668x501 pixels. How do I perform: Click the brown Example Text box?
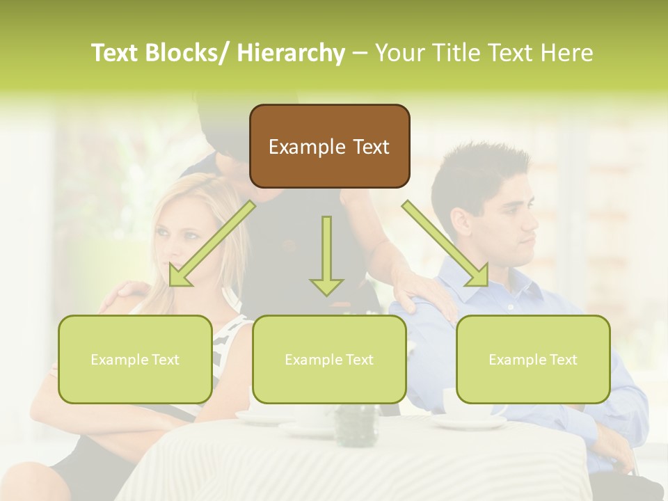click(329, 146)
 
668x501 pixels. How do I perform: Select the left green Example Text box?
click(135, 359)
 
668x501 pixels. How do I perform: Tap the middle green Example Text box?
click(329, 359)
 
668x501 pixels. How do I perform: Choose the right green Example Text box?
click(533, 359)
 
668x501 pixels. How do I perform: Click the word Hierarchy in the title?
click(291, 53)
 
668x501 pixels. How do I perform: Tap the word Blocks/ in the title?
click(185, 53)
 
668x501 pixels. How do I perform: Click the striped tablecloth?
click(348, 466)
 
